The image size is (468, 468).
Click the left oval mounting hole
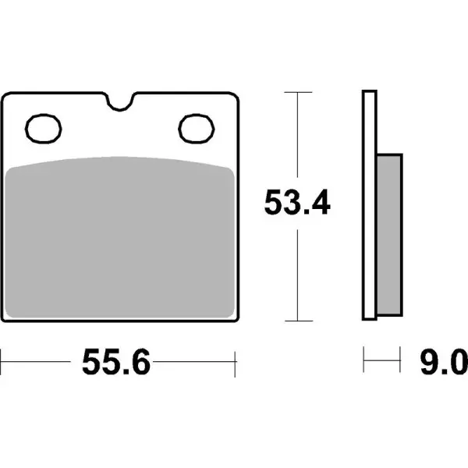44,127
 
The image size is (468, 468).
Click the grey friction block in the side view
390,232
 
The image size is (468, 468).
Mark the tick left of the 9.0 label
365,362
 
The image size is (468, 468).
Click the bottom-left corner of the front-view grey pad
10,315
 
